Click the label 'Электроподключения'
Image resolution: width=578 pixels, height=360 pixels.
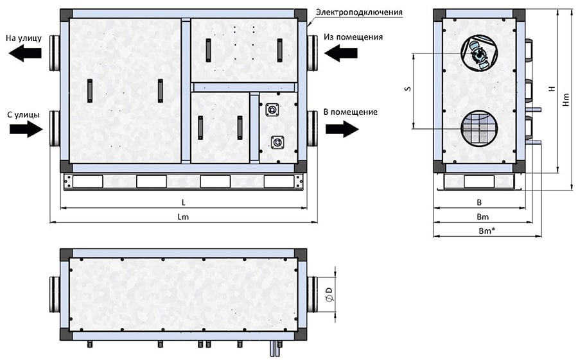[x=358, y=13]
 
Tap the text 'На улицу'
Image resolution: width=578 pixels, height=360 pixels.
[x=24, y=38]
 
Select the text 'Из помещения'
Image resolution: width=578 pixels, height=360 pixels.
[x=353, y=37]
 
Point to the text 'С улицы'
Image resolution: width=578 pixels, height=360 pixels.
[x=24, y=115]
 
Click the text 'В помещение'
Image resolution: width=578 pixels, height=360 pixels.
[x=350, y=112]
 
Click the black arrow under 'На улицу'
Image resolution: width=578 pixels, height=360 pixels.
[x=25, y=53]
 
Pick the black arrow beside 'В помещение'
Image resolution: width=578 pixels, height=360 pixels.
[x=342, y=129]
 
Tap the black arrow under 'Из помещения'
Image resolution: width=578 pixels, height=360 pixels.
[x=341, y=53]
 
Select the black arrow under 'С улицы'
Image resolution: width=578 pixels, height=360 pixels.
[x=26, y=129]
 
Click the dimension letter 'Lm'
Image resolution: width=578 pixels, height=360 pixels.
[x=183, y=217]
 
